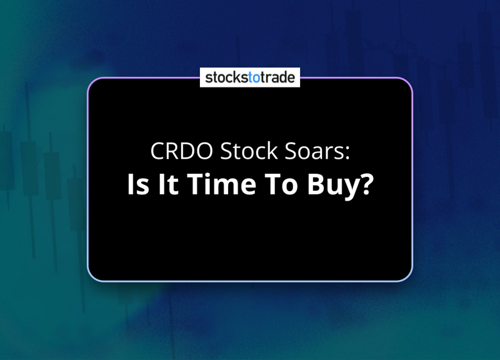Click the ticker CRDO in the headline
coord(181,151)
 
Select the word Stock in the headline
coord(249,151)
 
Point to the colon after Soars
coord(347,153)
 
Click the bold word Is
coord(138,184)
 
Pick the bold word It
coord(168,184)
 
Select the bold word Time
coord(222,184)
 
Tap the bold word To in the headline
coord(281,184)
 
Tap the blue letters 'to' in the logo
coord(254,77)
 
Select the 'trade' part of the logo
coord(277,77)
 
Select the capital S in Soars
coord(290,151)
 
